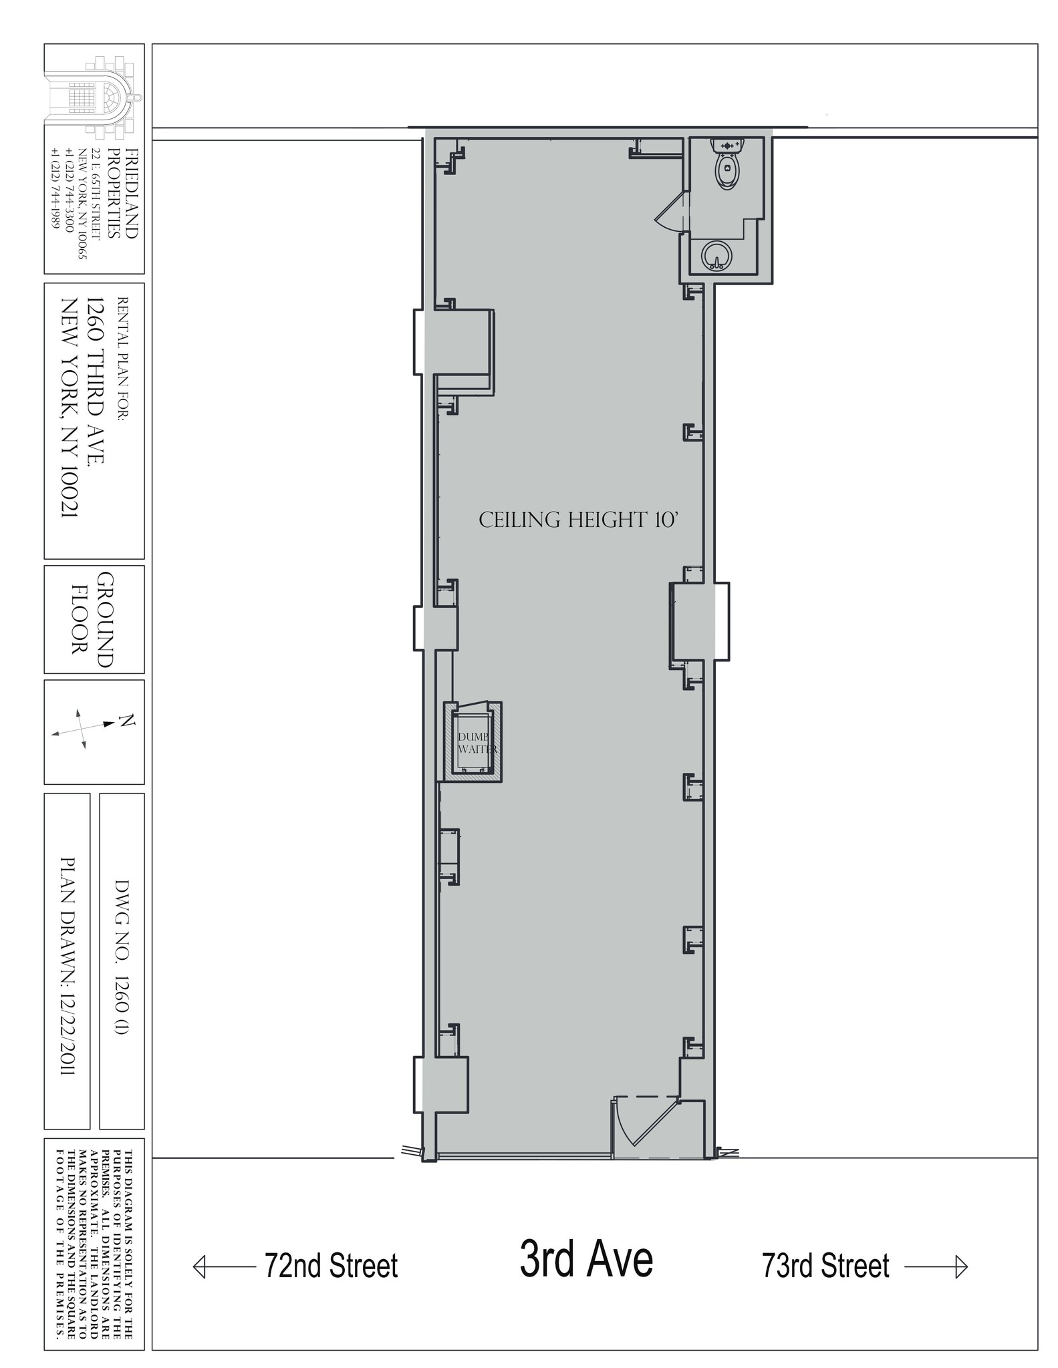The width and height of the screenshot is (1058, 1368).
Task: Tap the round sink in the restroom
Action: pyautogui.click(x=716, y=255)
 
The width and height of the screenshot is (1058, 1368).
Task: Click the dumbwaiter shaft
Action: pyautogui.click(x=474, y=741)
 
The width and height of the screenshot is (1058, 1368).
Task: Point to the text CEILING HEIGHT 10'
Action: pyautogui.click(x=579, y=520)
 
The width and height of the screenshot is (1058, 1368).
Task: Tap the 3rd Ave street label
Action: pyautogui.click(x=586, y=1258)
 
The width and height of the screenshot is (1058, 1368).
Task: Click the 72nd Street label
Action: pyautogui.click(x=331, y=1265)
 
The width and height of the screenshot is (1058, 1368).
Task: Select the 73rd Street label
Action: pyautogui.click(x=825, y=1265)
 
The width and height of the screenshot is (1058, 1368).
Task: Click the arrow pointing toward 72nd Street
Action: pyautogui.click(x=224, y=1266)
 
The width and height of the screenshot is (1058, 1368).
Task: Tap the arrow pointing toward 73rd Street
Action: pyautogui.click(x=936, y=1266)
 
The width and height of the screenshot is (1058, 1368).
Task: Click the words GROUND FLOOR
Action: pyautogui.click(x=94, y=619)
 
